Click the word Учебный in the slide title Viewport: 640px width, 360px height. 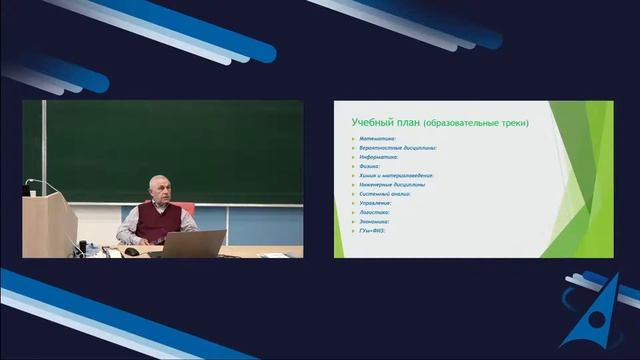(370, 122)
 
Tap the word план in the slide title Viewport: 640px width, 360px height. (405, 122)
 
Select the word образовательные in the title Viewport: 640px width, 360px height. (458, 123)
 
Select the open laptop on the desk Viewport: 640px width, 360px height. (193, 244)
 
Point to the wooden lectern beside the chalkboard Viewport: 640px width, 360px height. (48, 225)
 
